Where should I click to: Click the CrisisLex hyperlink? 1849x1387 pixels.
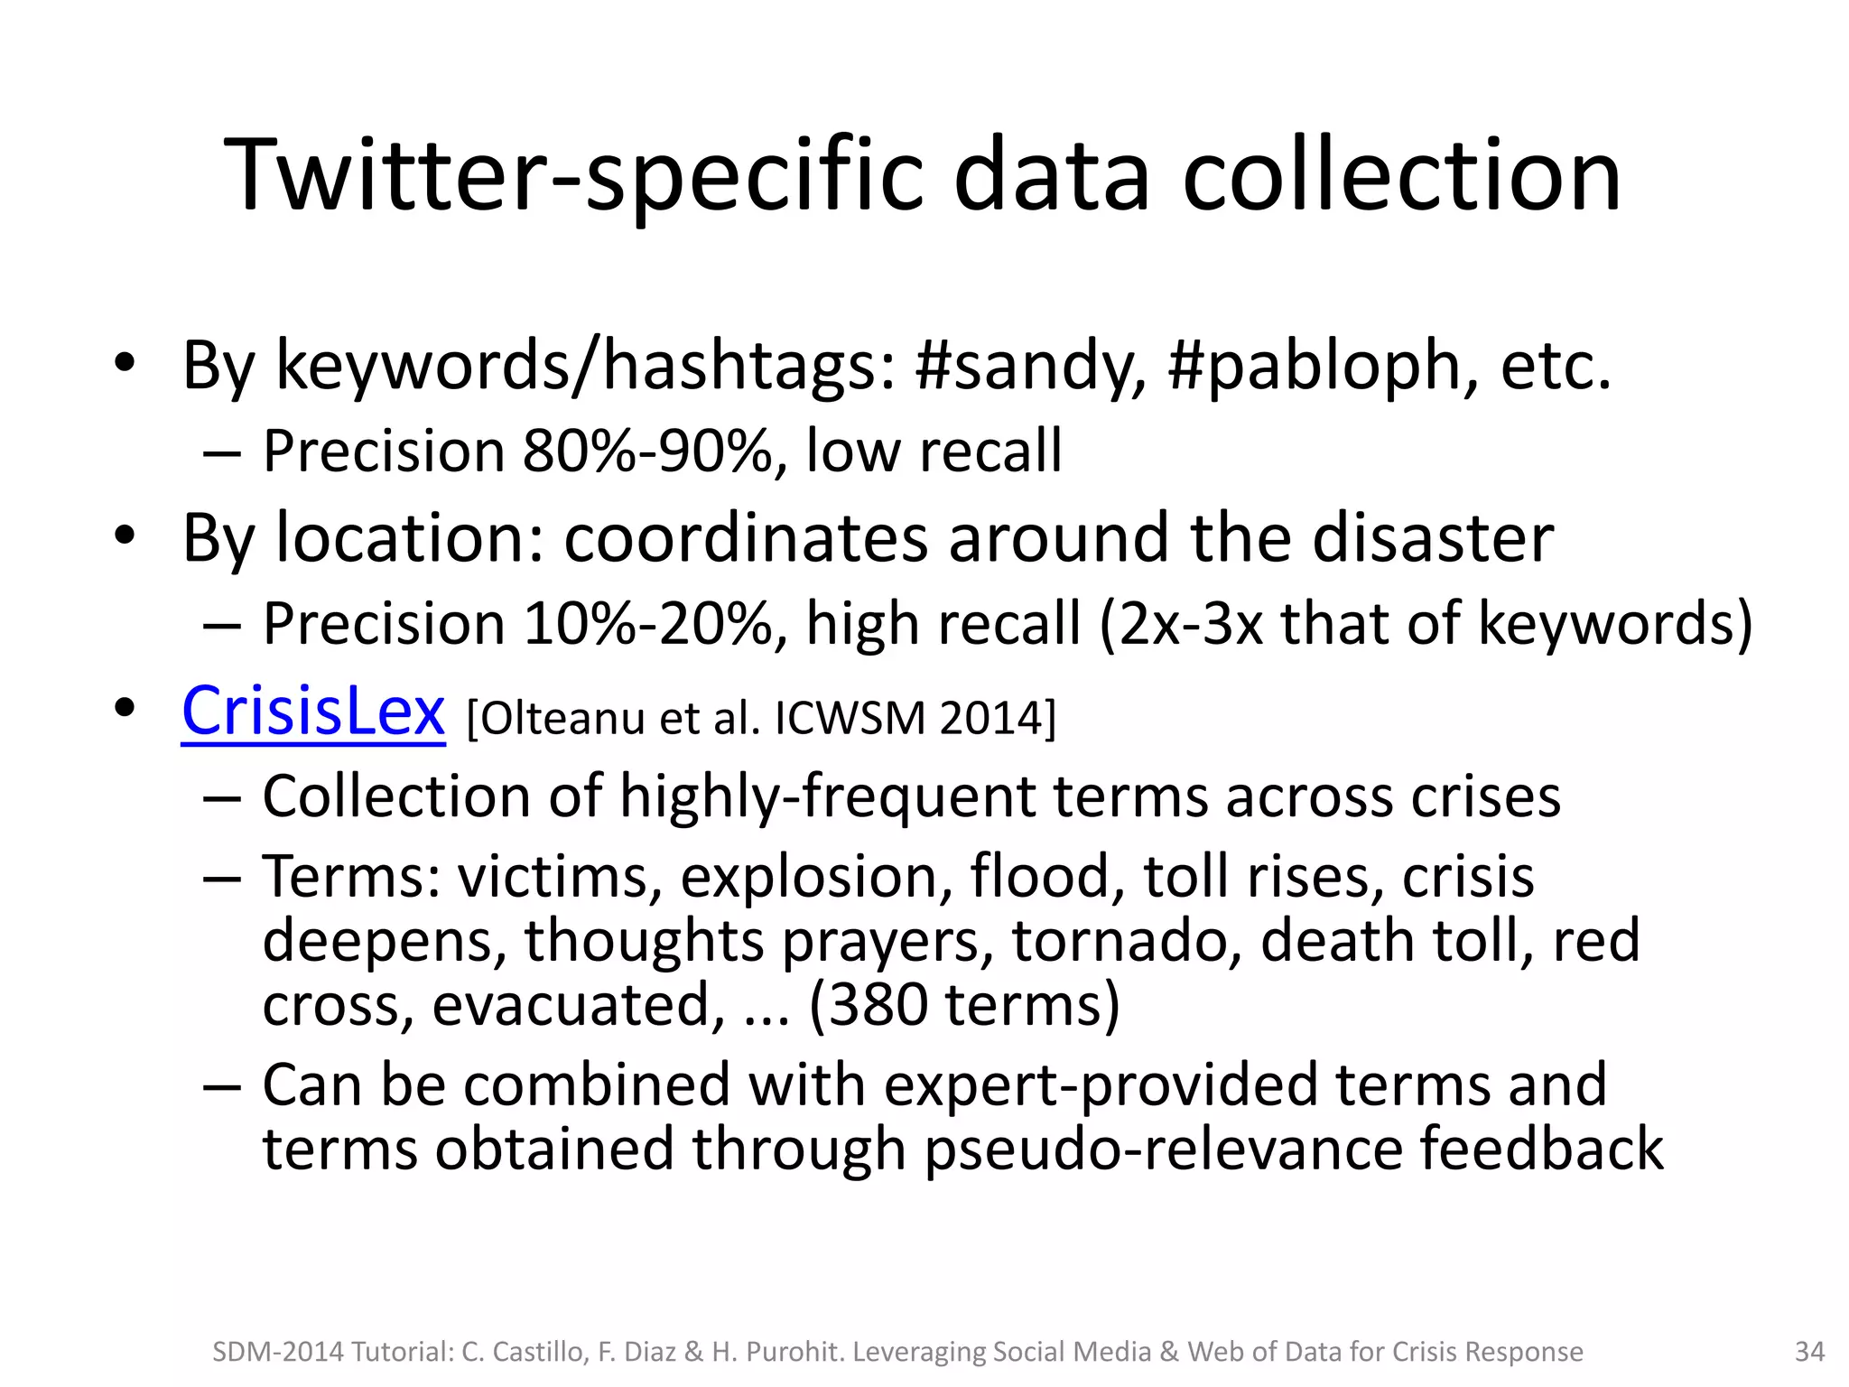point(312,712)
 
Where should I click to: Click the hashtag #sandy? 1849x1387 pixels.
point(1030,367)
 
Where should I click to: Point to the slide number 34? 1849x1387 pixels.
point(1809,1352)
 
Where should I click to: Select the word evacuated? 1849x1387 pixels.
point(578,1005)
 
